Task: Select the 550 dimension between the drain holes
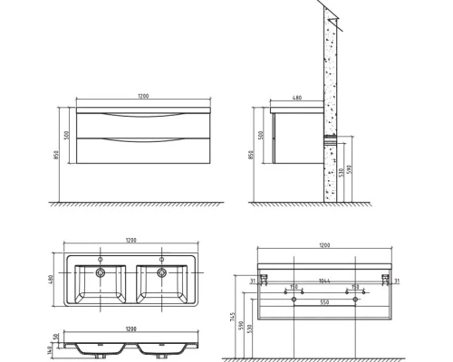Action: [x=323, y=302]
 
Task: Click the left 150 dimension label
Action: [x=294, y=287]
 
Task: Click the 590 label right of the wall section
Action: [x=348, y=168]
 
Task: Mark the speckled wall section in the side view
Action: [x=327, y=109]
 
